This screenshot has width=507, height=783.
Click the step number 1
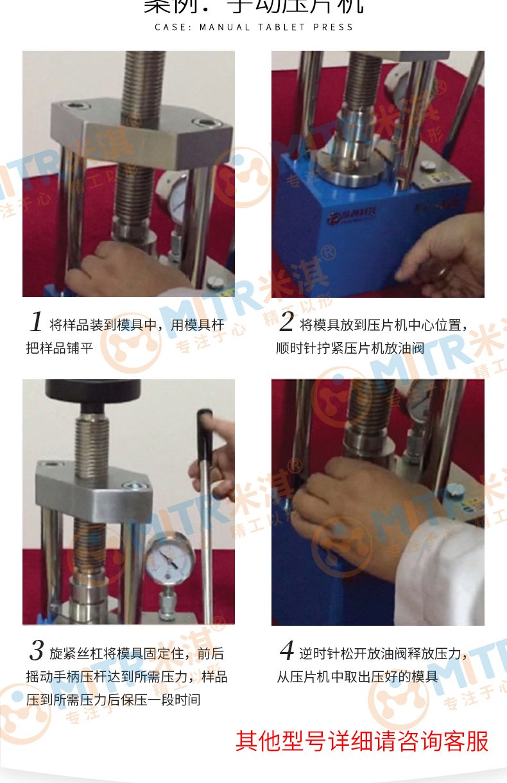point(36,322)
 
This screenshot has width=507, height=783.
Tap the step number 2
point(286,322)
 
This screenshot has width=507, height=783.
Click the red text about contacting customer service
point(361,741)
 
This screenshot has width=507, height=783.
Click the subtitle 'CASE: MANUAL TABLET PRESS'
point(254,28)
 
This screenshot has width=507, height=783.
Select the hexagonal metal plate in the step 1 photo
point(141,128)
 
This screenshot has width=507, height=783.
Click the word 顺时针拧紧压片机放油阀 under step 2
point(350,348)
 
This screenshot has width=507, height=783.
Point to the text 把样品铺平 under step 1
point(64,348)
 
